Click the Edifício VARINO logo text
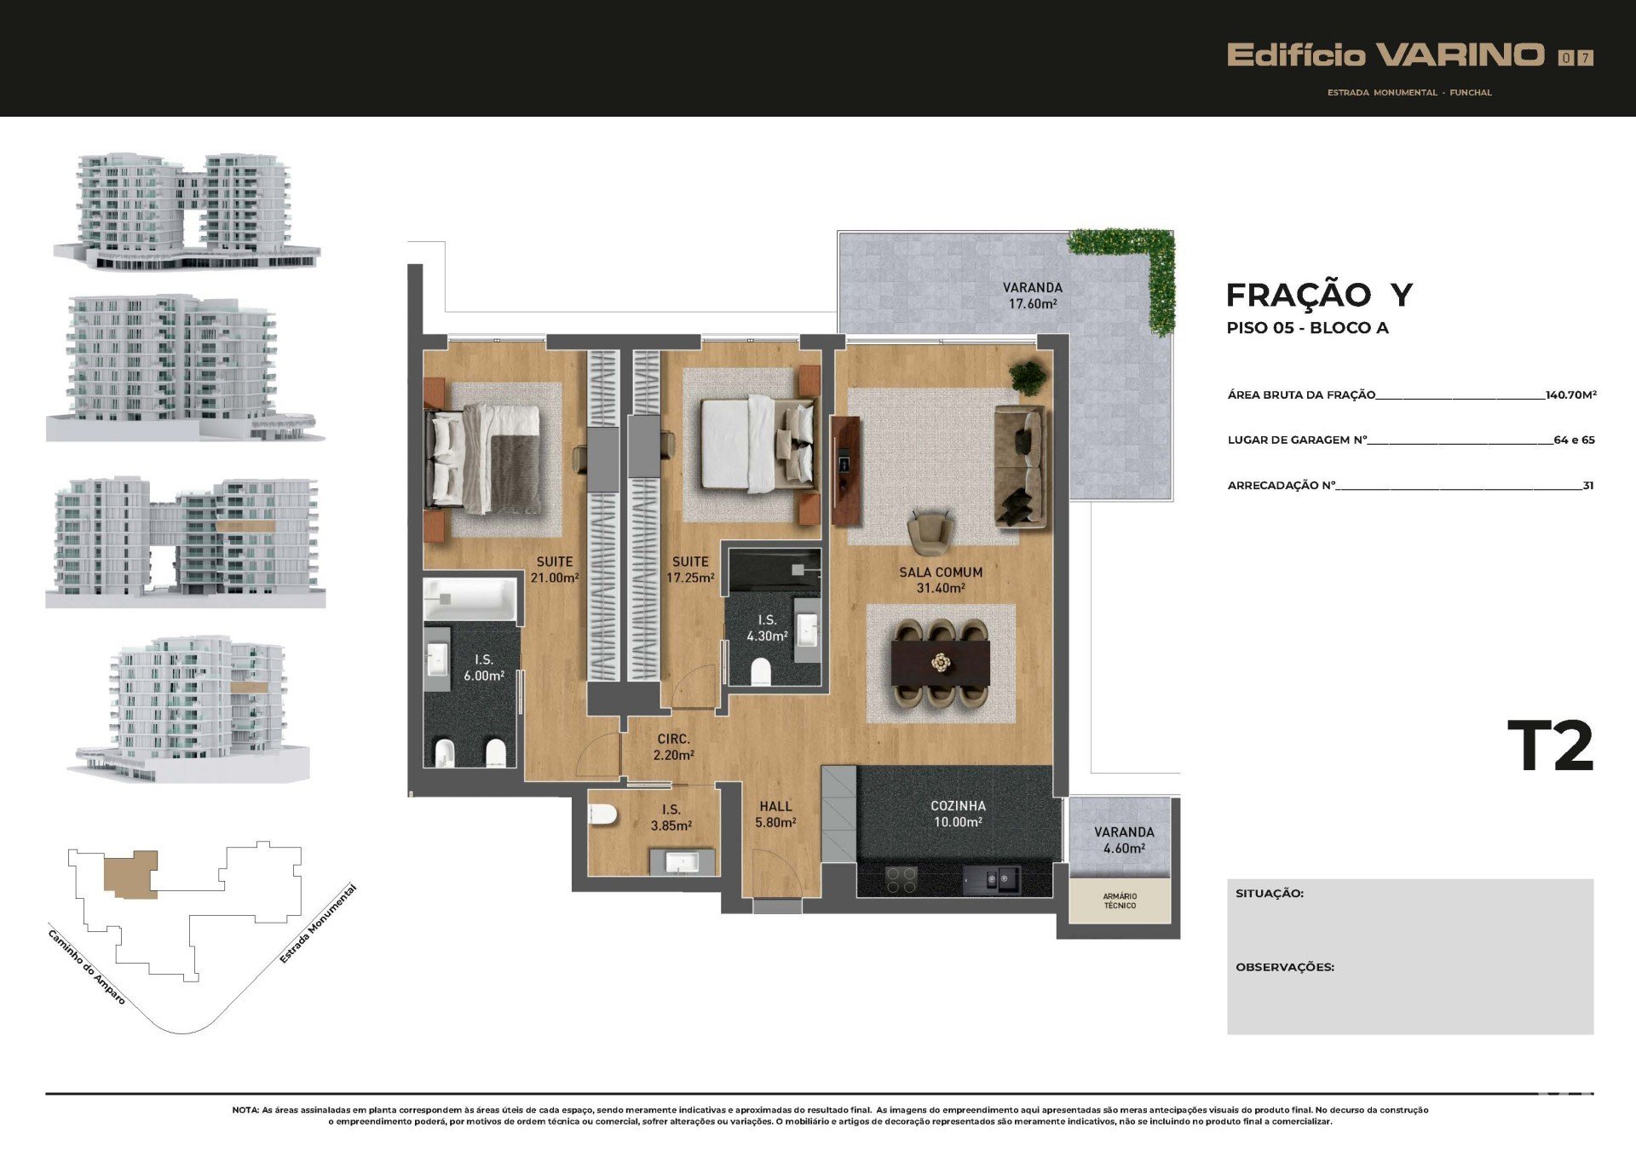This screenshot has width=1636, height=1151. [x=1385, y=55]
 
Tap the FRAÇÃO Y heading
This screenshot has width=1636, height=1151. [x=1319, y=295]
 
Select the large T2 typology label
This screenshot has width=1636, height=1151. [x=1550, y=746]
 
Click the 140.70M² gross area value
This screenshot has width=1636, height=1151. [x=1570, y=394]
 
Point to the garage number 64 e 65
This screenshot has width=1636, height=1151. [x=1574, y=440]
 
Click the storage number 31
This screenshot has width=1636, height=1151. [x=1588, y=486]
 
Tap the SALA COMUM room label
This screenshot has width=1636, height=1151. [x=941, y=573]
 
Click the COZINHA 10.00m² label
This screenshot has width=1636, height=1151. [x=958, y=814]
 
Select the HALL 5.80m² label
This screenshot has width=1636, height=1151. [x=775, y=814]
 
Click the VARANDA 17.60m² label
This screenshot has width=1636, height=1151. [x=1033, y=296]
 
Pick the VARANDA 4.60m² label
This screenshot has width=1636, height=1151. [x=1124, y=840]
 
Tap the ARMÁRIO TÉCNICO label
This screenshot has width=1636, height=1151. [x=1120, y=901]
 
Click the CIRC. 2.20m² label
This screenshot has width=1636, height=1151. [x=673, y=747]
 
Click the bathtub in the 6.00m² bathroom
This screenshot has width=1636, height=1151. [x=470, y=600]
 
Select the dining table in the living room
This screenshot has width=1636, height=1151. [x=941, y=663]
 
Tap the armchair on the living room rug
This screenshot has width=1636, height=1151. [x=930, y=532]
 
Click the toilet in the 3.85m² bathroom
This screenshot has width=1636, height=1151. [x=602, y=814]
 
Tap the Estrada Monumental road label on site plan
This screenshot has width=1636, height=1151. [x=318, y=924]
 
